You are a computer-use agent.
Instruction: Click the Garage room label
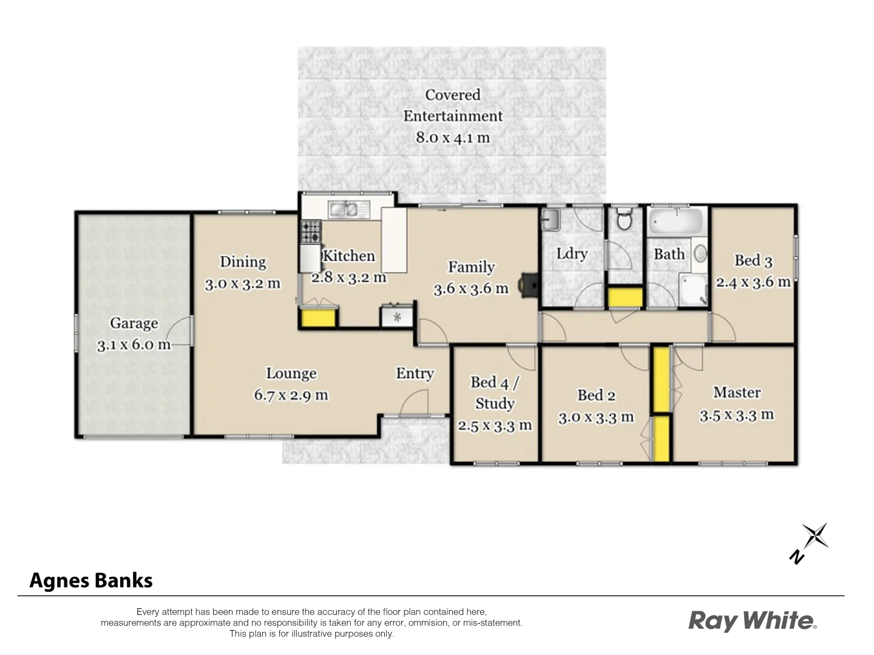(134, 324)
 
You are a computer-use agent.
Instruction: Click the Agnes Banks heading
(91, 580)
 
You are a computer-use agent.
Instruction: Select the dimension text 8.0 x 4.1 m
(452, 138)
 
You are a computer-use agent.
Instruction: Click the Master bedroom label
(737, 393)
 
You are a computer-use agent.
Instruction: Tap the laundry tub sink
(550, 220)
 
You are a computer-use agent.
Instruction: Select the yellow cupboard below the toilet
(625, 297)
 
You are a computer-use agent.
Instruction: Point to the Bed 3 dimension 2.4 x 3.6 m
(753, 283)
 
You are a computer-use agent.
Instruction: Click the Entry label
(415, 374)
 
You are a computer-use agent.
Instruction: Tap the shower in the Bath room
(694, 291)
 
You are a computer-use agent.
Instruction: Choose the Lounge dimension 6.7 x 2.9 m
(291, 395)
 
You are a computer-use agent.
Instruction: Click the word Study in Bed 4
(495, 404)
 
